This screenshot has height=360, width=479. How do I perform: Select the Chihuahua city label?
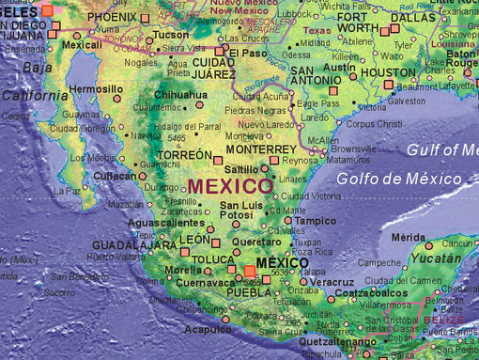point(179,95)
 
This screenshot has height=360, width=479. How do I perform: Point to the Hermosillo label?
point(96,89)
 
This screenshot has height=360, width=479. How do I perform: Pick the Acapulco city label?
point(208,330)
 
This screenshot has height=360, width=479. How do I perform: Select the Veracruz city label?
point(332,282)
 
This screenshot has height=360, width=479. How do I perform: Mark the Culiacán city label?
point(115,176)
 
